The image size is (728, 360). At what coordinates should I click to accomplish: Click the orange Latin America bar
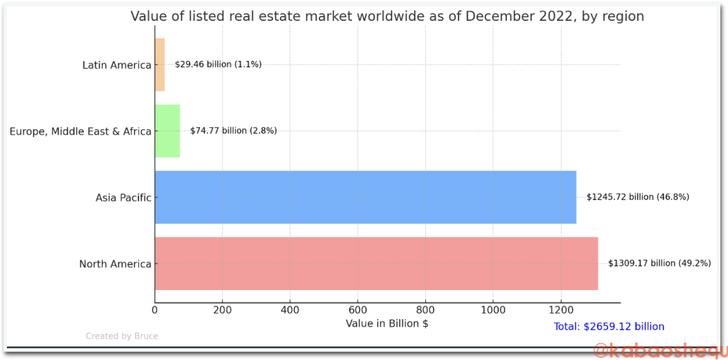tap(159, 65)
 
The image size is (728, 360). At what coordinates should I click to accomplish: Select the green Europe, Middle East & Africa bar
tap(167, 131)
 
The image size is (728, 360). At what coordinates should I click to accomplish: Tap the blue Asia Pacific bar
tap(365, 197)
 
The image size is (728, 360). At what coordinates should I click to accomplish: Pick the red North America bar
tap(376, 264)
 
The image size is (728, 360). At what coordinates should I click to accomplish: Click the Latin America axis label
tap(116, 65)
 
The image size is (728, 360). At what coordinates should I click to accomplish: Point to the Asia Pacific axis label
tap(123, 198)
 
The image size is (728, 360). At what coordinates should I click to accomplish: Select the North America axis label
tap(115, 264)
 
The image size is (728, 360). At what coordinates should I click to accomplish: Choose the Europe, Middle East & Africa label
tap(80, 132)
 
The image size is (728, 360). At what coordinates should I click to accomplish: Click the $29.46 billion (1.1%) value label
tap(218, 64)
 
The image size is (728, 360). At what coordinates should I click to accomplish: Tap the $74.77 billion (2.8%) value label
tap(233, 131)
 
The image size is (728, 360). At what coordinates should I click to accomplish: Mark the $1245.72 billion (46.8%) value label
tap(637, 197)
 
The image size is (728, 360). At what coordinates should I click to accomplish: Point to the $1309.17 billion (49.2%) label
tap(659, 263)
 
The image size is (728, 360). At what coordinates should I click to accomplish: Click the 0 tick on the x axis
tap(155, 310)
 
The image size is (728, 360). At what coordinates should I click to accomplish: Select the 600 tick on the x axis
tap(358, 310)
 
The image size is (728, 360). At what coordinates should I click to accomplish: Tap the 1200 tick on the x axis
tap(561, 310)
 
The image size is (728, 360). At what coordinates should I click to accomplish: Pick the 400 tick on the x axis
tap(290, 310)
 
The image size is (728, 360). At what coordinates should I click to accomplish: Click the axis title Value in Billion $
tap(387, 323)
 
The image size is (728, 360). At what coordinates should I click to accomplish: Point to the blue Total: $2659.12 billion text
tap(609, 327)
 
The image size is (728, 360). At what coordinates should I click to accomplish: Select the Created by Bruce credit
tap(122, 336)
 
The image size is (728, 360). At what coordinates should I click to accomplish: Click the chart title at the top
tap(387, 16)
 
